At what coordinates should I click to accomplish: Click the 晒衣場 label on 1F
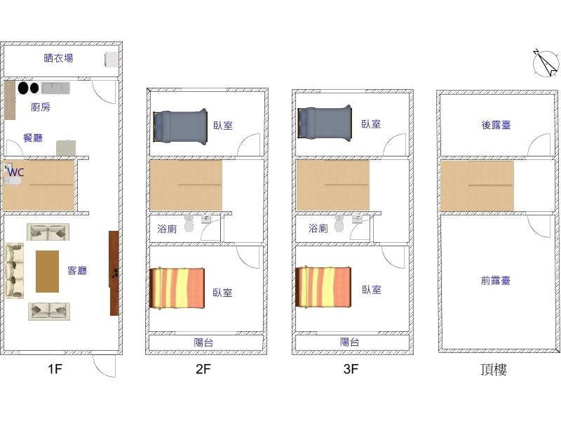pyautogui.click(x=59, y=58)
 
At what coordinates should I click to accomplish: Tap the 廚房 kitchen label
pyautogui.click(x=41, y=107)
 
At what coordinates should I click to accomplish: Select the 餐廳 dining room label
pyautogui.click(x=33, y=138)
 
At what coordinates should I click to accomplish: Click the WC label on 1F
pyautogui.click(x=16, y=173)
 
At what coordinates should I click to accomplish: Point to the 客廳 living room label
pyautogui.click(x=77, y=271)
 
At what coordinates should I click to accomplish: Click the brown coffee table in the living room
pyautogui.click(x=47, y=272)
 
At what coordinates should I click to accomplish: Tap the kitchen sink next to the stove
pyautogui.click(x=55, y=88)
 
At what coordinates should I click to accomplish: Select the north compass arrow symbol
pyautogui.click(x=546, y=62)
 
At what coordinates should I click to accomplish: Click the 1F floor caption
pyautogui.click(x=55, y=369)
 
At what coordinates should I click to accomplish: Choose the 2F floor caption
pyautogui.click(x=203, y=369)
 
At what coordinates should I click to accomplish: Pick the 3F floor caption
pyautogui.click(x=351, y=369)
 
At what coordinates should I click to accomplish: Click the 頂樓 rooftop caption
pyautogui.click(x=494, y=370)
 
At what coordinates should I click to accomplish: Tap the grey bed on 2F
pyautogui.click(x=180, y=127)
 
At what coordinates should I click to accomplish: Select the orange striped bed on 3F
pyautogui.click(x=323, y=287)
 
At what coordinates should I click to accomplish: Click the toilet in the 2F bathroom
pyautogui.click(x=189, y=224)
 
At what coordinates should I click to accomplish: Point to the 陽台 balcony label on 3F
pyautogui.click(x=349, y=342)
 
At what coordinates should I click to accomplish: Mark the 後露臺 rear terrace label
pyautogui.click(x=496, y=125)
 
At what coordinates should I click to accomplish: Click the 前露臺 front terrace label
pyautogui.click(x=496, y=280)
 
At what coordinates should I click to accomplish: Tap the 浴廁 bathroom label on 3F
pyautogui.click(x=318, y=229)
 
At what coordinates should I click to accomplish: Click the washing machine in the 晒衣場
pyautogui.click(x=111, y=60)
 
